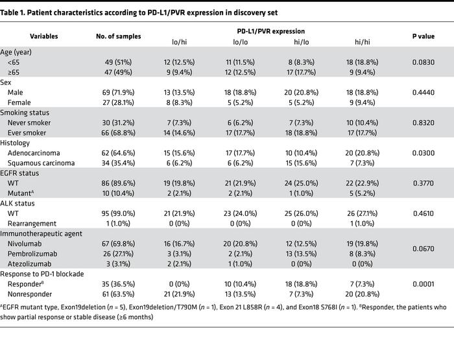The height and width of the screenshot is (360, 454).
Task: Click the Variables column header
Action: point(43,36)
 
